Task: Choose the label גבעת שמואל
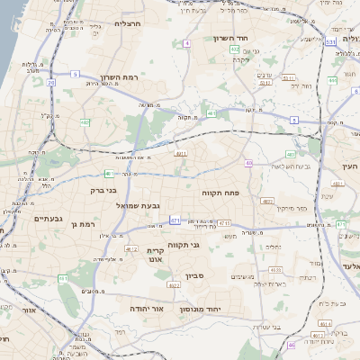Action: tap(138, 206)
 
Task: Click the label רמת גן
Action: tap(81, 223)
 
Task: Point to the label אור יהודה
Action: tap(146, 308)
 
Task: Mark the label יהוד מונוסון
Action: tap(212, 308)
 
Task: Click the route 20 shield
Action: tap(50, 83)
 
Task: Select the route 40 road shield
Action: tap(248, 163)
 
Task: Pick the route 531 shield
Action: tap(331, 41)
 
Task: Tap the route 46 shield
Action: tap(291, 344)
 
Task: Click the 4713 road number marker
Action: tap(224, 222)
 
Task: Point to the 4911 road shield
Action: tap(181, 155)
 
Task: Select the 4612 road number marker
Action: tap(131, 248)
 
